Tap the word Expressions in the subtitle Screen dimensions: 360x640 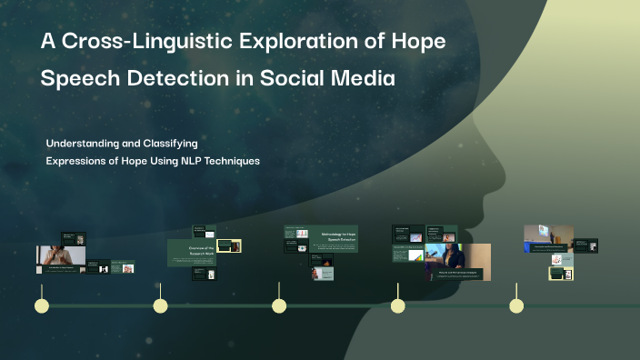coord(79,161)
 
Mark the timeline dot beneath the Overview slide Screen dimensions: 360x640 coord(161,305)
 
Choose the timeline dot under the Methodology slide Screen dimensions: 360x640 coord(279,305)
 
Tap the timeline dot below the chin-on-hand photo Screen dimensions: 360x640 coord(42,305)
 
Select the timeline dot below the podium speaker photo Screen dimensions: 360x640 coord(397,305)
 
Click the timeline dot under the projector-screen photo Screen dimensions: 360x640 coord(516,305)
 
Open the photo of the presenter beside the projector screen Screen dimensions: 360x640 coord(547,234)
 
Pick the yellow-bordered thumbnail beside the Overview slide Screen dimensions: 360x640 coord(230,245)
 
